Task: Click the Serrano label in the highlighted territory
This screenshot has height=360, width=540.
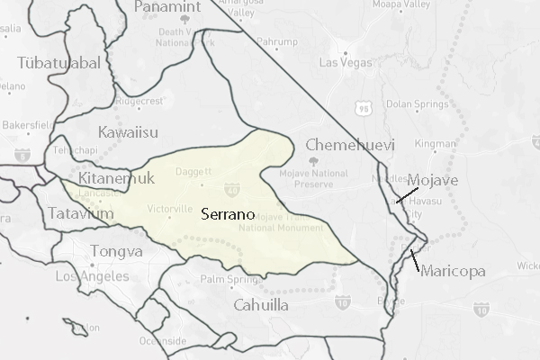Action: point(227,216)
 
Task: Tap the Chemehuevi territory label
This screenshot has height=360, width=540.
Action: point(344,145)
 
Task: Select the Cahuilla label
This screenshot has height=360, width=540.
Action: point(260,305)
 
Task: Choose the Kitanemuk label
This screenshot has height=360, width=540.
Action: point(116,177)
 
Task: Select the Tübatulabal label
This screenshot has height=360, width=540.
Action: point(59,62)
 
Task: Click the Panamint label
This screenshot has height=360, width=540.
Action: point(169,7)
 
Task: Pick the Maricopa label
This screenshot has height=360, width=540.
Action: point(452,271)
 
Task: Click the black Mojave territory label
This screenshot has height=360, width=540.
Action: point(433,181)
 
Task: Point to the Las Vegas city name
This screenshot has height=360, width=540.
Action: point(343,62)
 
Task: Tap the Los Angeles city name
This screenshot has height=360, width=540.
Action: point(85,277)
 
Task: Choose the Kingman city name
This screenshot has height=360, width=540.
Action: point(436,143)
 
